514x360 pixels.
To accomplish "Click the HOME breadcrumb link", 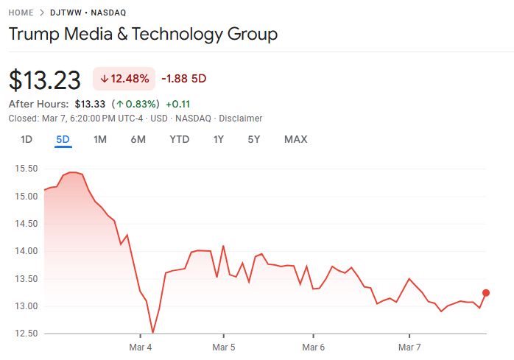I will (21, 13).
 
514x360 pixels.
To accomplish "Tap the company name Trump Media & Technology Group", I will (143, 35).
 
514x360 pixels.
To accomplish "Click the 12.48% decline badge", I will (124, 79).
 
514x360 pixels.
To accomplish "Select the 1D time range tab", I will (27, 139).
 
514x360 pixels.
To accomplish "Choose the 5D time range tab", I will (63, 139).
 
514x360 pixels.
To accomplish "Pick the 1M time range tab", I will (100, 139).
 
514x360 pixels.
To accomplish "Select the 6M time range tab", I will (138, 139).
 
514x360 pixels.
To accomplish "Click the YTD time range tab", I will (179, 139).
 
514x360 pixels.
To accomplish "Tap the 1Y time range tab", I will (219, 139).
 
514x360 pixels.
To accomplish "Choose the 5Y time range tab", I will (254, 139).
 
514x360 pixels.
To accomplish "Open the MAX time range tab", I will (295, 139).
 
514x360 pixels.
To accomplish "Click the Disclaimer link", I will (240, 118).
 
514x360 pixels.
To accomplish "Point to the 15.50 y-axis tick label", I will (26, 169).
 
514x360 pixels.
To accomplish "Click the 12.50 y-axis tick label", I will (26, 333).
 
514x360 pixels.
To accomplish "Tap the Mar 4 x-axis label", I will (140, 346).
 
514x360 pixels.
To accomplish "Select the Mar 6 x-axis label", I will (313, 346).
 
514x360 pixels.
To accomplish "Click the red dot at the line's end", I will (486, 293).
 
